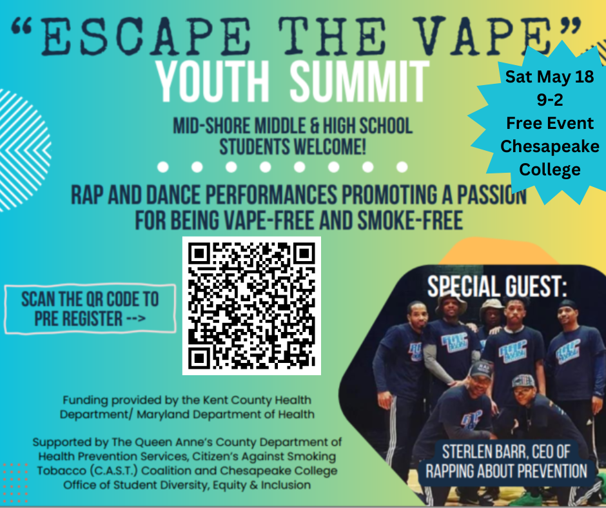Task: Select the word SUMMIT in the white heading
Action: tap(359, 83)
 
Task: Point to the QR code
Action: tap(251, 306)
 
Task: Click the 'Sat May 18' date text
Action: tap(549, 77)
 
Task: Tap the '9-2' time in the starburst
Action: tap(549, 100)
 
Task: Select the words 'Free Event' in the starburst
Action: tap(549, 122)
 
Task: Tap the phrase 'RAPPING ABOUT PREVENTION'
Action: tap(506, 471)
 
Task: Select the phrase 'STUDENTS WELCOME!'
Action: tap(293, 146)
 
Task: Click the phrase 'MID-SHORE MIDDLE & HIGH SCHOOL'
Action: tap(293, 125)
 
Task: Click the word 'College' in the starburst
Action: tap(549, 170)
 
